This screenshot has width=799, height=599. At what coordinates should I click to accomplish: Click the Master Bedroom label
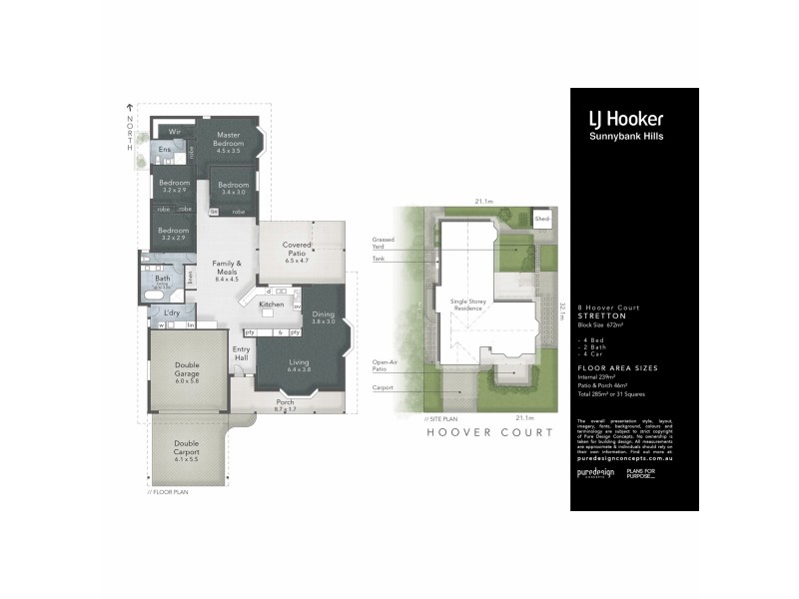229,143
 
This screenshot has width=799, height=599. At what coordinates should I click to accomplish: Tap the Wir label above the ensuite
173,131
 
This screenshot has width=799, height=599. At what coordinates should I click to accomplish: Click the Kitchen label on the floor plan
272,303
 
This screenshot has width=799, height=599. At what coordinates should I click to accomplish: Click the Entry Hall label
241,354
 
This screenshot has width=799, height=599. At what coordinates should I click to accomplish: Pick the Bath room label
162,280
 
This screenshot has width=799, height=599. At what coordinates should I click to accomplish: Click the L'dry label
171,313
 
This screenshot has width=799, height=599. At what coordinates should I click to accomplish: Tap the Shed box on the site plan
542,218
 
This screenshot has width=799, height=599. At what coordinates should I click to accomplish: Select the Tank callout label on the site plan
379,258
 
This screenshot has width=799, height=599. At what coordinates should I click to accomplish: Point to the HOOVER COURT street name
489,432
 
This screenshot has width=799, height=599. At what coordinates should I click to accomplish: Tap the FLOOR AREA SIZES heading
609,368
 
